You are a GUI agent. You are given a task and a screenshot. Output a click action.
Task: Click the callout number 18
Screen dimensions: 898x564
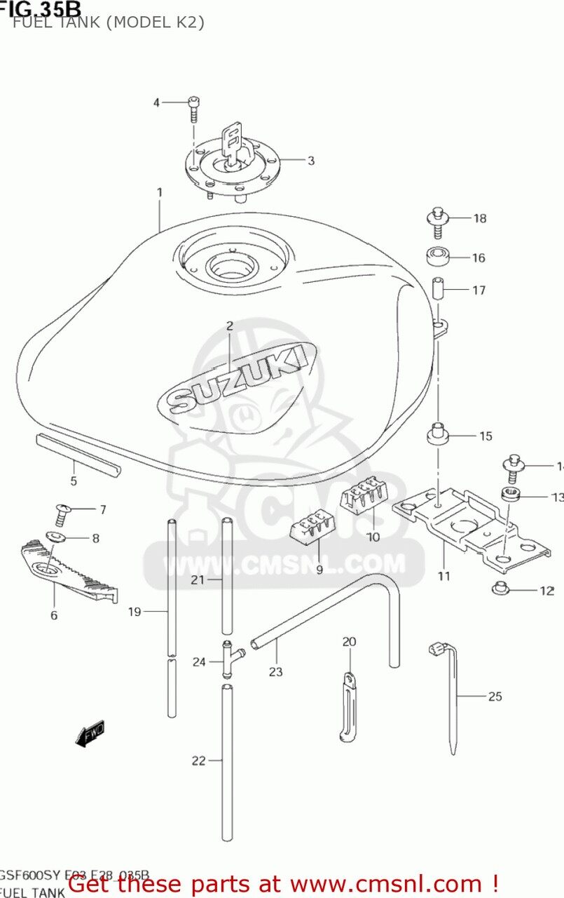479,218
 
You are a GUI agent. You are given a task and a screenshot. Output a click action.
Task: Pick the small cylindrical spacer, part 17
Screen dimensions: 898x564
437,289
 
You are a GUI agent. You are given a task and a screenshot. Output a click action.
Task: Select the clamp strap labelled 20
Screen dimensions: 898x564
348,705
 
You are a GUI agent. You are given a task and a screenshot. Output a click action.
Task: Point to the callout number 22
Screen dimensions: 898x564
198,760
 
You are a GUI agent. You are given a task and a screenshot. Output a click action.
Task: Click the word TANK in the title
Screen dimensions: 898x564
67,22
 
